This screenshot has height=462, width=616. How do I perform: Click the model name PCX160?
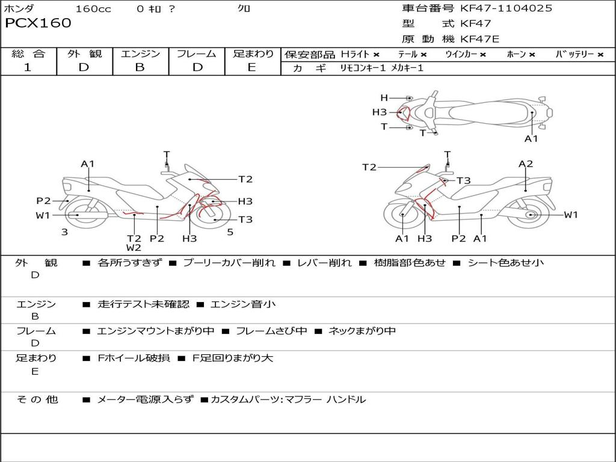pos(38,23)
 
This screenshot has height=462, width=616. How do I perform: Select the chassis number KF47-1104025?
pos(506,8)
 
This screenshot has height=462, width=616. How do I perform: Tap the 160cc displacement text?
pos(93,9)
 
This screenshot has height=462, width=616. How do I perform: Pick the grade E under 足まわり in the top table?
pos(251,67)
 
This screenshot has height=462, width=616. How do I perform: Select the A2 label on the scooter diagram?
pos(526,164)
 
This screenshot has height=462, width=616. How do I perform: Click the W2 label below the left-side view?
pos(134,248)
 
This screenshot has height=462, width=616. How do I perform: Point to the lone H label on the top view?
pos(384,98)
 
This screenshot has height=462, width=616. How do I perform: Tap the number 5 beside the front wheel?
pos(230,232)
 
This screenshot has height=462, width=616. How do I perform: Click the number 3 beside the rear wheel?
pos(64,232)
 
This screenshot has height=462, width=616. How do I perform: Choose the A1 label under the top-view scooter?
pos(531,139)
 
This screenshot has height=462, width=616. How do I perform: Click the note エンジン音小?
pos(243,304)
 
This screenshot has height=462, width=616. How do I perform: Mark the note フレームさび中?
pos(271,331)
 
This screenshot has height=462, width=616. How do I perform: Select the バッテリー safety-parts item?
pos(575,54)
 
